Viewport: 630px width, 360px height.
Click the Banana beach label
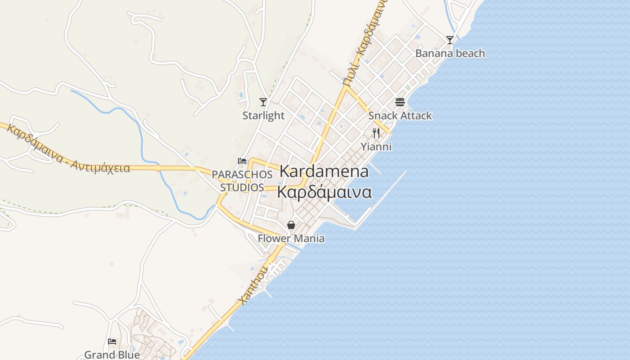point(450,54)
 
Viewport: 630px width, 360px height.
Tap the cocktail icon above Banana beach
point(450,40)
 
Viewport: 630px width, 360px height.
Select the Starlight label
point(263,116)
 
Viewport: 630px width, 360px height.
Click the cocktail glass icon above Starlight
point(263,102)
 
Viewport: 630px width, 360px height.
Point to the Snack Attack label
point(400,116)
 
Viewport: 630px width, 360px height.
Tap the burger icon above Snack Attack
point(400,102)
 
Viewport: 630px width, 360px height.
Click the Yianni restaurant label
point(376,147)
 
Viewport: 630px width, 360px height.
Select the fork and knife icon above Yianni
point(376,133)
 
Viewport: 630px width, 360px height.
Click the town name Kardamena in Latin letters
point(324,171)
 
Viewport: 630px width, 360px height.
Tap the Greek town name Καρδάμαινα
point(324,192)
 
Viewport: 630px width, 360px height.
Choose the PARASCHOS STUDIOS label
point(242,180)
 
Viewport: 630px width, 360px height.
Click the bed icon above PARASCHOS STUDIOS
point(242,161)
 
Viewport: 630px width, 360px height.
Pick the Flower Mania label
point(291,238)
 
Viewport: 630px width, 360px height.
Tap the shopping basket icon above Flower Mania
point(291,225)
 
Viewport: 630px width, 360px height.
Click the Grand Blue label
point(112,355)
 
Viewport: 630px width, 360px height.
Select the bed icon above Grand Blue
point(112,342)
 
